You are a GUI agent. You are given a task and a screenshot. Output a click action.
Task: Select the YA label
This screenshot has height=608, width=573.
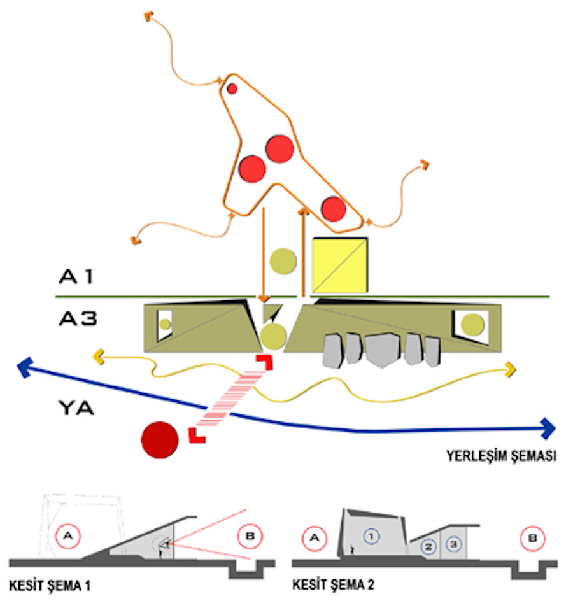coord(76,407)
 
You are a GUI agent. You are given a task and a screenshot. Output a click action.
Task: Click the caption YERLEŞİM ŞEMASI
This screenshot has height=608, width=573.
coord(501,456)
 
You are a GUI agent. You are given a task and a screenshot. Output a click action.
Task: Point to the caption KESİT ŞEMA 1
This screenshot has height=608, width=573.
coord(49,585)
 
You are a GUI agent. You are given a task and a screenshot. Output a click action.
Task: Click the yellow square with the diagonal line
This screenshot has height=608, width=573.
coord(340,265)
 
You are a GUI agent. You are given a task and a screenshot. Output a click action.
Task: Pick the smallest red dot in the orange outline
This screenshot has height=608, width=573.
coord(232,88)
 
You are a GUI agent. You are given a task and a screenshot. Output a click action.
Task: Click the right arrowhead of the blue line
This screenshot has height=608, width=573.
coord(549,428)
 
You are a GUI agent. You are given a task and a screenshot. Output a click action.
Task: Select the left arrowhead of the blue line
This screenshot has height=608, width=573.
coord(25,367)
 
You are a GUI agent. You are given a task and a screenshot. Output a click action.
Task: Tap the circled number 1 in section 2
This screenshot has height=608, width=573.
coord(371,536)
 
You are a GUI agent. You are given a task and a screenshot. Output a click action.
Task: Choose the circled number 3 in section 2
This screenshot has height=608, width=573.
coord(452,544)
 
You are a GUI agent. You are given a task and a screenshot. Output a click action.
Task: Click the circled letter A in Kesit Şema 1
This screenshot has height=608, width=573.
coord(68,536)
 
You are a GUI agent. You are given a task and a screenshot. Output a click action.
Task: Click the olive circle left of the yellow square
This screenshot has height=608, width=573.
coord(283,260)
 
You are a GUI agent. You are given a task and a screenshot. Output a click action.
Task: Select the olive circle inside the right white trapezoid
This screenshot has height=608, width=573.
coord(472,325)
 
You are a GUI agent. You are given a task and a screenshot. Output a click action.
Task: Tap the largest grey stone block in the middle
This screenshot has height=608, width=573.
coord(385,350)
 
